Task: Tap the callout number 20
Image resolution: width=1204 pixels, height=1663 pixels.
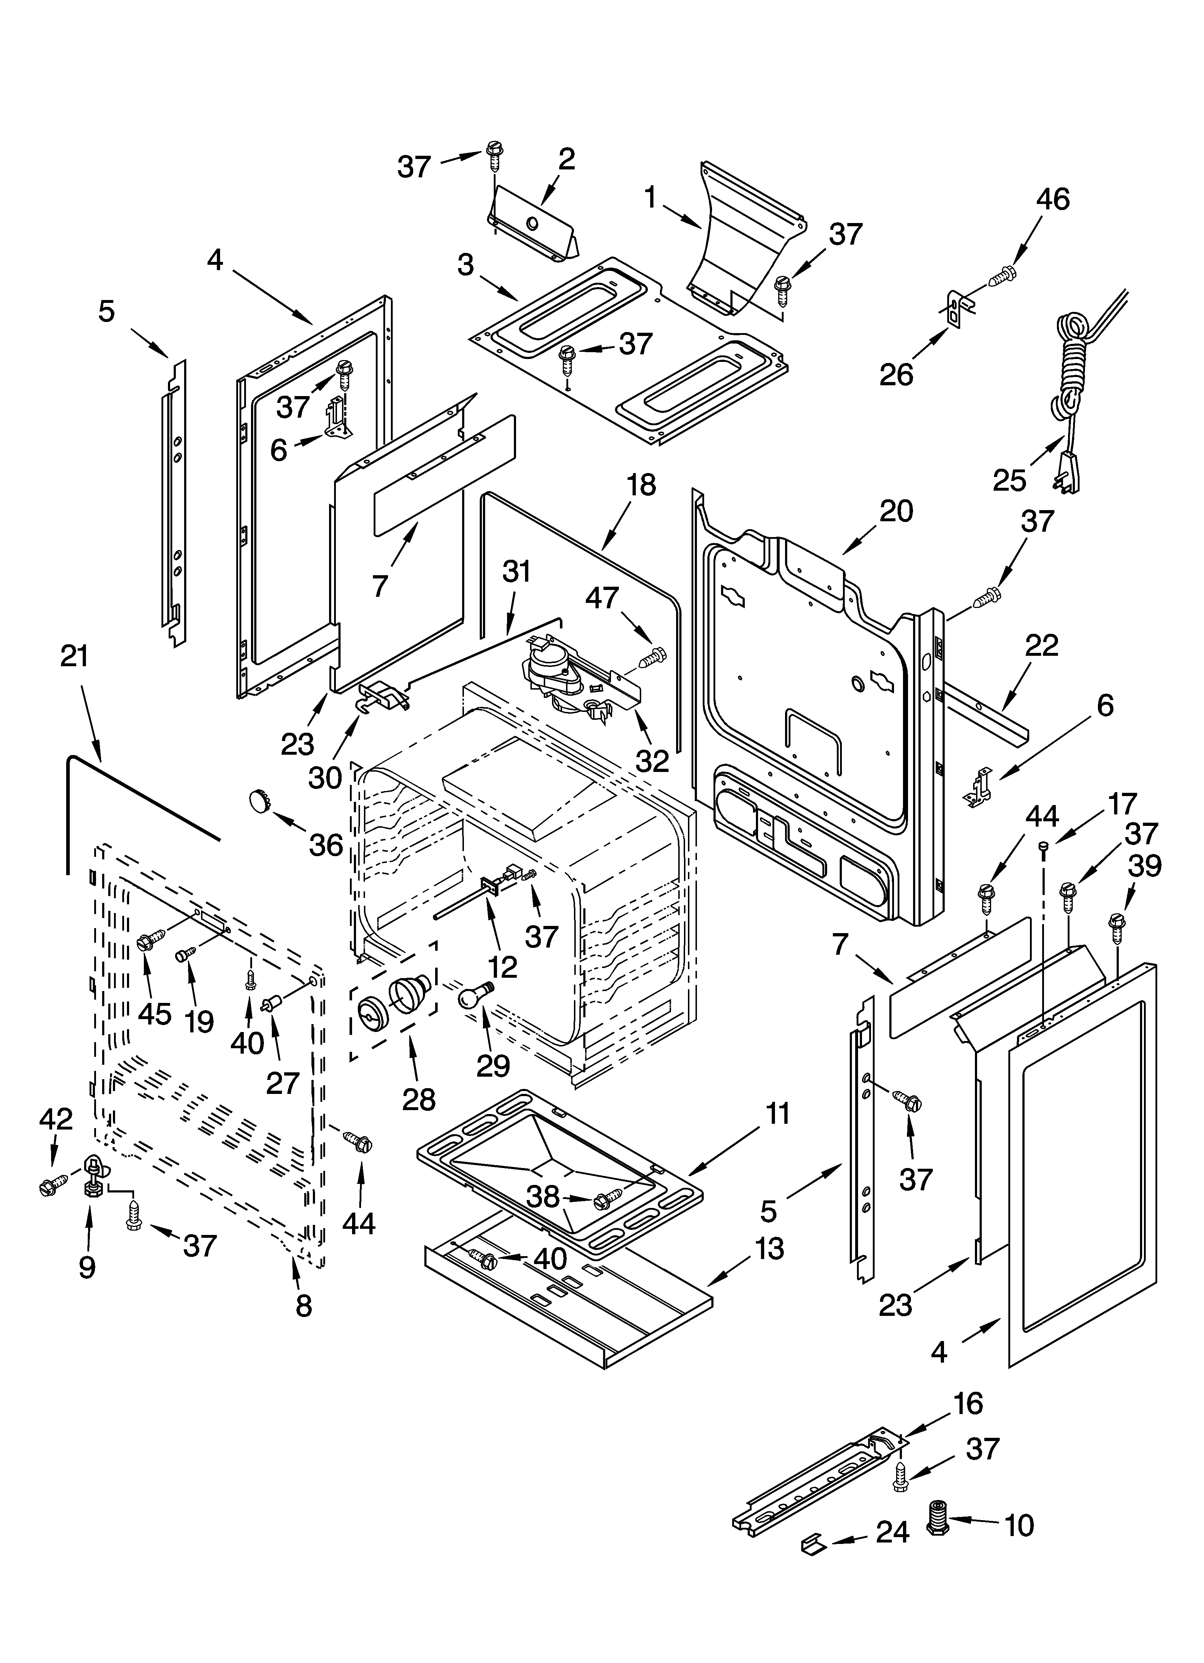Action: pyautogui.click(x=896, y=510)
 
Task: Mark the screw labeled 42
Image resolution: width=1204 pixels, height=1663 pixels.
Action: pyautogui.click(x=51, y=1183)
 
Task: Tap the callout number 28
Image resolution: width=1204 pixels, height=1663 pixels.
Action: pyautogui.click(x=419, y=1100)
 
